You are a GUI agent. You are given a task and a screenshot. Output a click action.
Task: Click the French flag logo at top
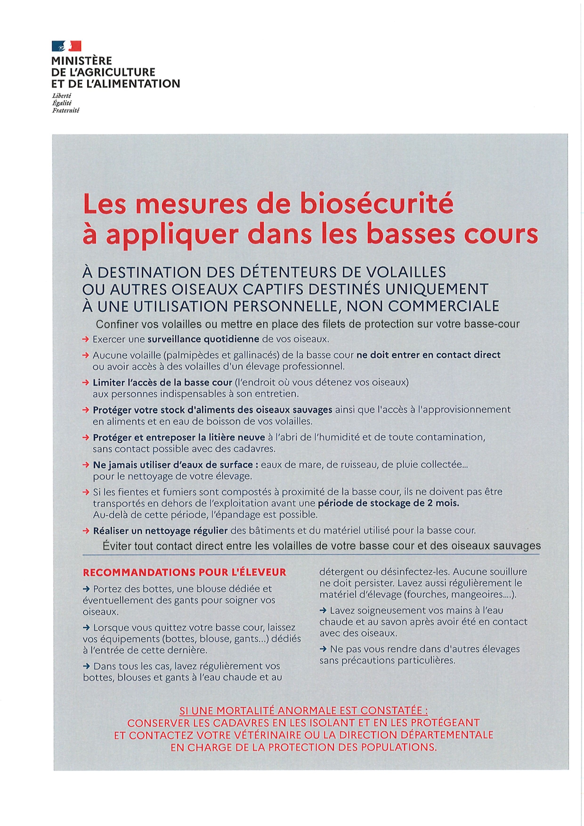click(66, 46)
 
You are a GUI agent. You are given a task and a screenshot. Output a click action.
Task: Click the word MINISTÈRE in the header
click(81, 61)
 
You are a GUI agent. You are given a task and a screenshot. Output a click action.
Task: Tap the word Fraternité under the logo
click(65, 111)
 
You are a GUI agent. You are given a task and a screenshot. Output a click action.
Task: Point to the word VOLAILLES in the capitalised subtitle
click(406, 272)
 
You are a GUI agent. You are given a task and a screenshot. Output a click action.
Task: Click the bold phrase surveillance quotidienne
click(203, 339)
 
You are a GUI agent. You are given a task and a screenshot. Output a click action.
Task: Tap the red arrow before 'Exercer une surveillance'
click(86, 339)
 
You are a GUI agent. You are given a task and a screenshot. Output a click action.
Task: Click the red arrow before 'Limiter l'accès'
click(86, 383)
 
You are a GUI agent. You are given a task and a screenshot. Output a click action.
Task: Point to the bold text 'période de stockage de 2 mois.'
click(388, 503)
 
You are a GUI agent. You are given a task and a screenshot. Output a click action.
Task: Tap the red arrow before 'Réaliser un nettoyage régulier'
click(86, 530)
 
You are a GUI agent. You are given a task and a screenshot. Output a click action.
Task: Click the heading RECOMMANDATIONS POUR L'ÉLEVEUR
click(185, 572)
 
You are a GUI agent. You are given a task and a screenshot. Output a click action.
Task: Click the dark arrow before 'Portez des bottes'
click(87, 589)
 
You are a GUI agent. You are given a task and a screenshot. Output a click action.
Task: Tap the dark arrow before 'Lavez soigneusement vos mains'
click(323, 610)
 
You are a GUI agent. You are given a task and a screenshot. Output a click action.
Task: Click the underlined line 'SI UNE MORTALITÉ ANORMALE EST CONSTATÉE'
click(304, 710)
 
